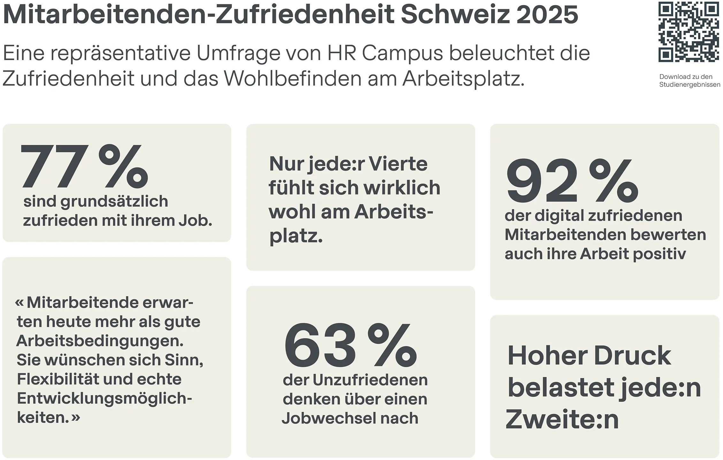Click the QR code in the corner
688,32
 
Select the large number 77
54,167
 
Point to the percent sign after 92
613,180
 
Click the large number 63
320,345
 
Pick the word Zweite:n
562,419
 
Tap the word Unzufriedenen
370,380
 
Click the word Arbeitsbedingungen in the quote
100,341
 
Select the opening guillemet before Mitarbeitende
19,302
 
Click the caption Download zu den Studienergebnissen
689,80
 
